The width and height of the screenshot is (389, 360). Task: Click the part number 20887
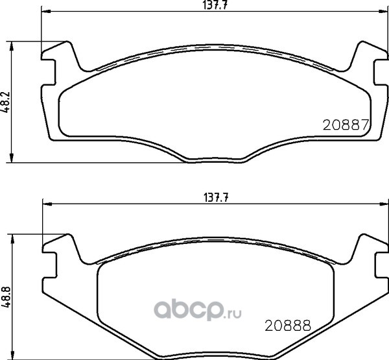346,125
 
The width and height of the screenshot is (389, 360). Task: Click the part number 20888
288,325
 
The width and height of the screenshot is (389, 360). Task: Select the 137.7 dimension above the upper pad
215,5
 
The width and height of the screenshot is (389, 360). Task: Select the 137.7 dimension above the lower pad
216,198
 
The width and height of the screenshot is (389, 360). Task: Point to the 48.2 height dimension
5,102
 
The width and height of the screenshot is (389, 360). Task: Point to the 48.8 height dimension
5,297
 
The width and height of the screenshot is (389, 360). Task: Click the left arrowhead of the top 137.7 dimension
46,12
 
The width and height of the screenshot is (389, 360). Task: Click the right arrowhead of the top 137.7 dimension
383,12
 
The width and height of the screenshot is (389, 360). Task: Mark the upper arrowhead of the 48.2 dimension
11,46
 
